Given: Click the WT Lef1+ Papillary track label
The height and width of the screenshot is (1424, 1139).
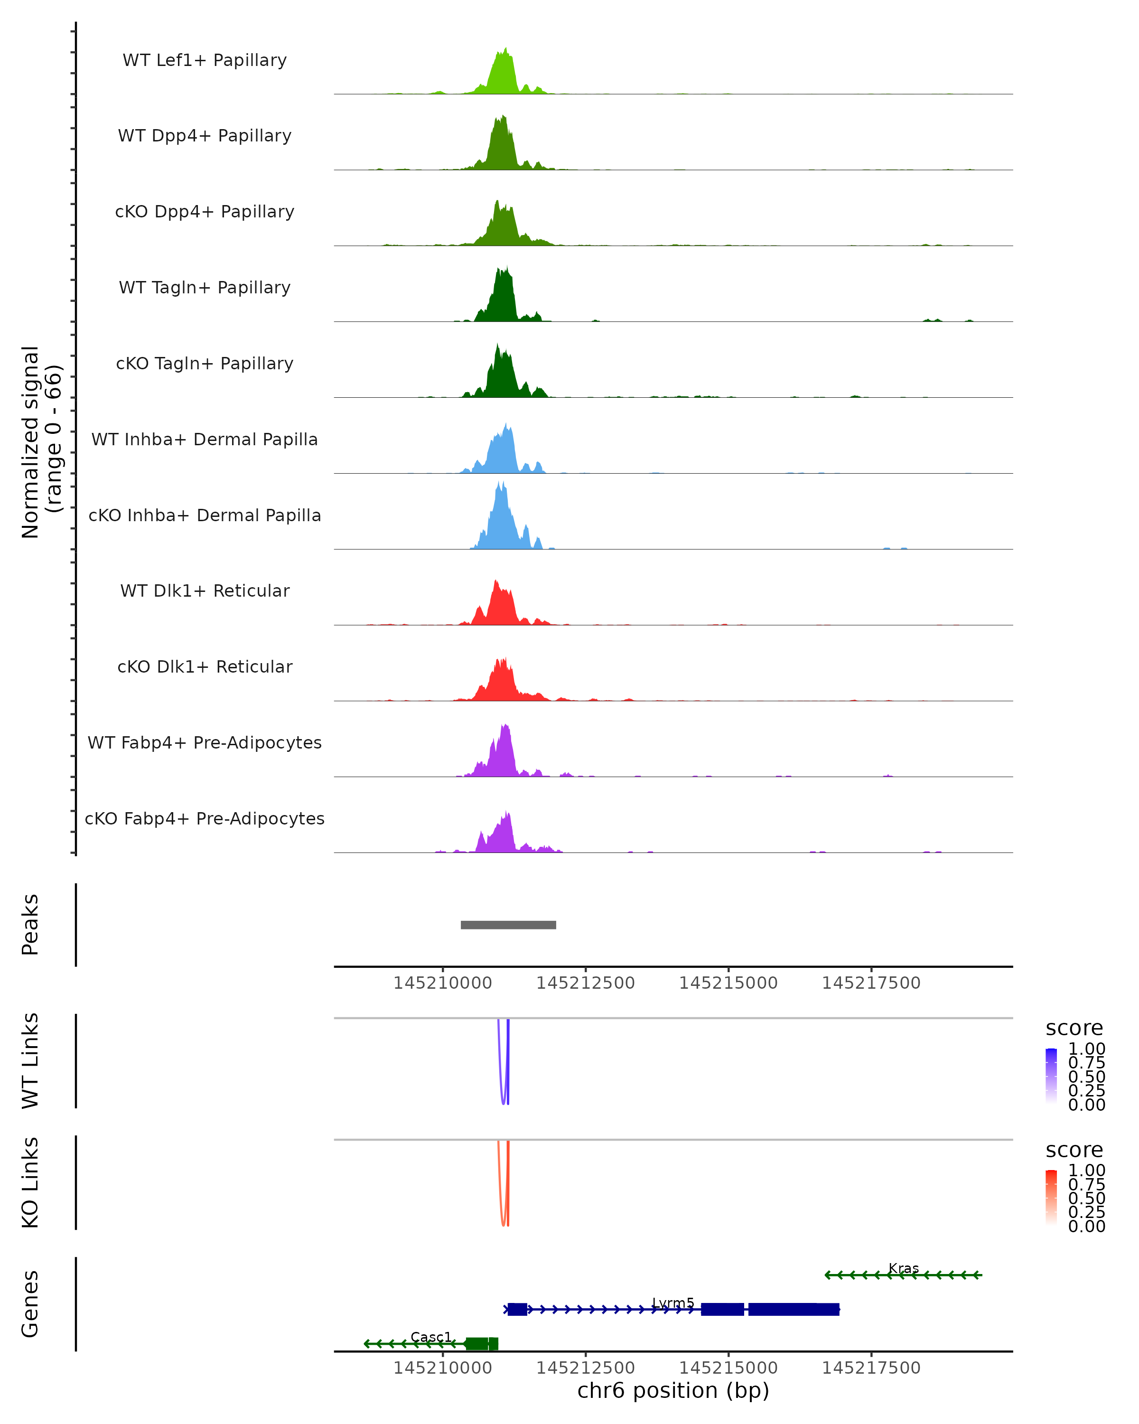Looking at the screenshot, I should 205,60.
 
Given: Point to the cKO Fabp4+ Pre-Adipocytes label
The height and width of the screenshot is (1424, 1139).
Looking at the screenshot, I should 205,818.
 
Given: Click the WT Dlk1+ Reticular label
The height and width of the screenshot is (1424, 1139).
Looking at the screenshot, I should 205,590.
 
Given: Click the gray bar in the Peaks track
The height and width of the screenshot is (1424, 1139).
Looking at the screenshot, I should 508,925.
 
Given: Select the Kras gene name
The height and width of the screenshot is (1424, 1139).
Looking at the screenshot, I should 903,1268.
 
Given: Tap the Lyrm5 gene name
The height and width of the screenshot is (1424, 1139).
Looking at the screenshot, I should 673,1303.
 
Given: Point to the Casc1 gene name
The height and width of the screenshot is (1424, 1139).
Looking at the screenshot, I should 430,1337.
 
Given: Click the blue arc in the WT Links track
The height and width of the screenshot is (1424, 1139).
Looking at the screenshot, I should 503,1096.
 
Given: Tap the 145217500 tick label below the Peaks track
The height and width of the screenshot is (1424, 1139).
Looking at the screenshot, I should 871,983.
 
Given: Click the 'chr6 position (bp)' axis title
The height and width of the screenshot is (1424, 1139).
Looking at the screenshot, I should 673,1390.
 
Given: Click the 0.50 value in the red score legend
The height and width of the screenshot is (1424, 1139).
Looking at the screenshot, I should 1086,1198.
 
